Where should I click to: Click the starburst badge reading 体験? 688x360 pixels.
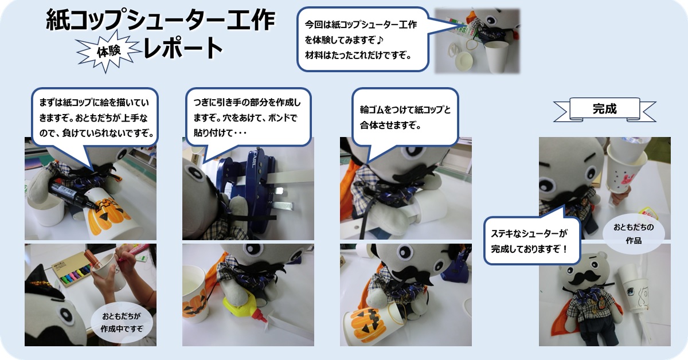[108, 51]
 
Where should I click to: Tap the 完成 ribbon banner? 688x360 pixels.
[604, 109]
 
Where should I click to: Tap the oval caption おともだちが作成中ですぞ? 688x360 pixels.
[122, 322]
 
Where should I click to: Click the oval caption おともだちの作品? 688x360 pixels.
[634, 233]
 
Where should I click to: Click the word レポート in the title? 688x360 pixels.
[183, 48]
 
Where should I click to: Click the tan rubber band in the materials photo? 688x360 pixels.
[475, 45]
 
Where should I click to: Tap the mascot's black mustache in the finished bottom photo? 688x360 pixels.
[583, 278]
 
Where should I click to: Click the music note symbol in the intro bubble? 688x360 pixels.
[380, 40]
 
